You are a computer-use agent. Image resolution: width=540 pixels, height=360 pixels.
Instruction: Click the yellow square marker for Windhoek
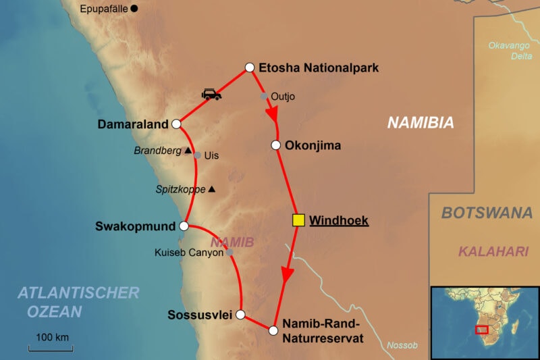click(x=298, y=220)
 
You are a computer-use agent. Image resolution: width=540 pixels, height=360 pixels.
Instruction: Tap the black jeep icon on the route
click(x=211, y=95)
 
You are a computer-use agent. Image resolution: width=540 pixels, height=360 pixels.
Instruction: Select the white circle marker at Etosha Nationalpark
click(x=249, y=67)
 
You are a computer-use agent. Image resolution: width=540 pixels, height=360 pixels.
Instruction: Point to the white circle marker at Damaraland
click(x=176, y=124)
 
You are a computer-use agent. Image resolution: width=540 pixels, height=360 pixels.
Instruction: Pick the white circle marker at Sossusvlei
click(x=240, y=314)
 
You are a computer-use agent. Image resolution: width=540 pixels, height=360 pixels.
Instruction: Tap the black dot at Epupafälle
click(x=134, y=8)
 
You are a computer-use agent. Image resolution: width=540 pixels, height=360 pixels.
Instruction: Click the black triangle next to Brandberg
click(x=188, y=151)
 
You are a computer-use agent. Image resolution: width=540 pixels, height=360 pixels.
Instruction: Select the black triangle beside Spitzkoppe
click(x=212, y=189)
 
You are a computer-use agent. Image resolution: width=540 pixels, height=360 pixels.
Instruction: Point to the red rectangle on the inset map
click(x=481, y=330)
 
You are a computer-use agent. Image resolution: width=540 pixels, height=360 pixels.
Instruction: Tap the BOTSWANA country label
click(x=486, y=213)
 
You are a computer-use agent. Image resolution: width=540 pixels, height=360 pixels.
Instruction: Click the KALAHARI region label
click(x=493, y=251)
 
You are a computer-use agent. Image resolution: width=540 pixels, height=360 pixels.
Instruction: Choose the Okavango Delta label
click(x=511, y=50)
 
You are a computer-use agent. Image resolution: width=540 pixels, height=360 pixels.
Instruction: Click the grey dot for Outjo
click(x=264, y=96)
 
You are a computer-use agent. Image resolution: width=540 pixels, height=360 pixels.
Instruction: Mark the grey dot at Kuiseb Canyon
click(x=230, y=252)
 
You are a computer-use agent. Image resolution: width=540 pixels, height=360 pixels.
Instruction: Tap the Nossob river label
click(x=402, y=345)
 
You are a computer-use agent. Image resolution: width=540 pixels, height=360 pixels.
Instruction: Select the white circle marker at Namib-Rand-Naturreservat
click(x=273, y=330)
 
